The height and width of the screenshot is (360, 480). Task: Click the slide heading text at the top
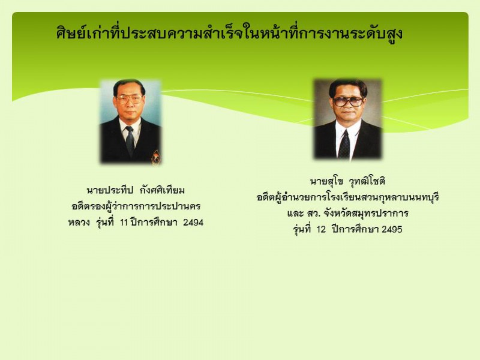click(229, 33)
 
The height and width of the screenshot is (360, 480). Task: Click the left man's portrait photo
click(130, 121)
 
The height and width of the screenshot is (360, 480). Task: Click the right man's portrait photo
click(347, 119)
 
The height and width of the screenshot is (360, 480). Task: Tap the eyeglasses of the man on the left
click(129, 100)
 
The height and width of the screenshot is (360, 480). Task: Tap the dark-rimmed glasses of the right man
click(348, 101)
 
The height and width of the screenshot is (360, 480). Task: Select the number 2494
click(193, 222)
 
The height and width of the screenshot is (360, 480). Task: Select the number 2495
click(392, 229)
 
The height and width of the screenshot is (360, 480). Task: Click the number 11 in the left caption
click(124, 222)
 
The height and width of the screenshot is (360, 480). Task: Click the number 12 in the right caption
click(321, 229)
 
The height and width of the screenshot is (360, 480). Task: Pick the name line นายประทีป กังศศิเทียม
click(136, 190)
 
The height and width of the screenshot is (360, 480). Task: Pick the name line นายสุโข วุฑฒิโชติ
click(347, 181)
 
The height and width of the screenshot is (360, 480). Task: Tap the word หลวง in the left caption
click(79, 222)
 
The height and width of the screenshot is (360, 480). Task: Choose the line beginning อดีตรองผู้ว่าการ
click(136, 206)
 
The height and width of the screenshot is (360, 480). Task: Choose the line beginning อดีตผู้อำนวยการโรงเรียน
click(348, 197)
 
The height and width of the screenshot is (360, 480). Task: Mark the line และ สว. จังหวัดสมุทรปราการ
click(348, 214)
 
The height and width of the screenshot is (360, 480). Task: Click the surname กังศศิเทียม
click(162, 190)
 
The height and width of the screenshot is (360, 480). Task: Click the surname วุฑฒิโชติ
click(367, 181)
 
